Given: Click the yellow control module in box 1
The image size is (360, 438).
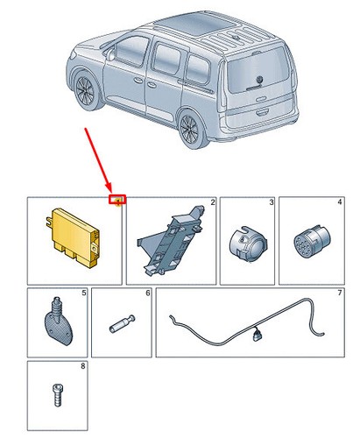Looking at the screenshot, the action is [x=73, y=237].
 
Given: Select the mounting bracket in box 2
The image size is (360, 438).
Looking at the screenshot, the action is [x=171, y=240].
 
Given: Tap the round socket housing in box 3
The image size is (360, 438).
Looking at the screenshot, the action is [x=248, y=244].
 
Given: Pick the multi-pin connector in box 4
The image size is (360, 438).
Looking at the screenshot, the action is [x=312, y=240].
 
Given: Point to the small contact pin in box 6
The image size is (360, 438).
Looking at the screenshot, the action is [x=123, y=323].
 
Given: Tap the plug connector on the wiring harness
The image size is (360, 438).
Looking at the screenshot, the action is [x=258, y=335].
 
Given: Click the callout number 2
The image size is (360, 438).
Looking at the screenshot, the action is [x=213, y=202].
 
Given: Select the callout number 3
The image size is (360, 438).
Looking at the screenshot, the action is [x=272, y=202].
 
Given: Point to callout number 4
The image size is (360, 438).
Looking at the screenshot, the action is [x=340, y=202].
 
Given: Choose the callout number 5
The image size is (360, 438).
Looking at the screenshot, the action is [x=84, y=293].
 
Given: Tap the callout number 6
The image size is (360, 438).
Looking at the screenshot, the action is [x=148, y=293].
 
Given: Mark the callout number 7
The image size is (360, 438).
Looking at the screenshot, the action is [x=340, y=293].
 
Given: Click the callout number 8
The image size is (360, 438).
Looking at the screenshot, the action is [x=83, y=366].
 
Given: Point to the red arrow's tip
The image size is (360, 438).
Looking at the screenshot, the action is [x=110, y=192].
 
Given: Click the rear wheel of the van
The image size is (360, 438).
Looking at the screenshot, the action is [x=192, y=129].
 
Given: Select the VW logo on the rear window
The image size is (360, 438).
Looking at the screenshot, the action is [x=259, y=80].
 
